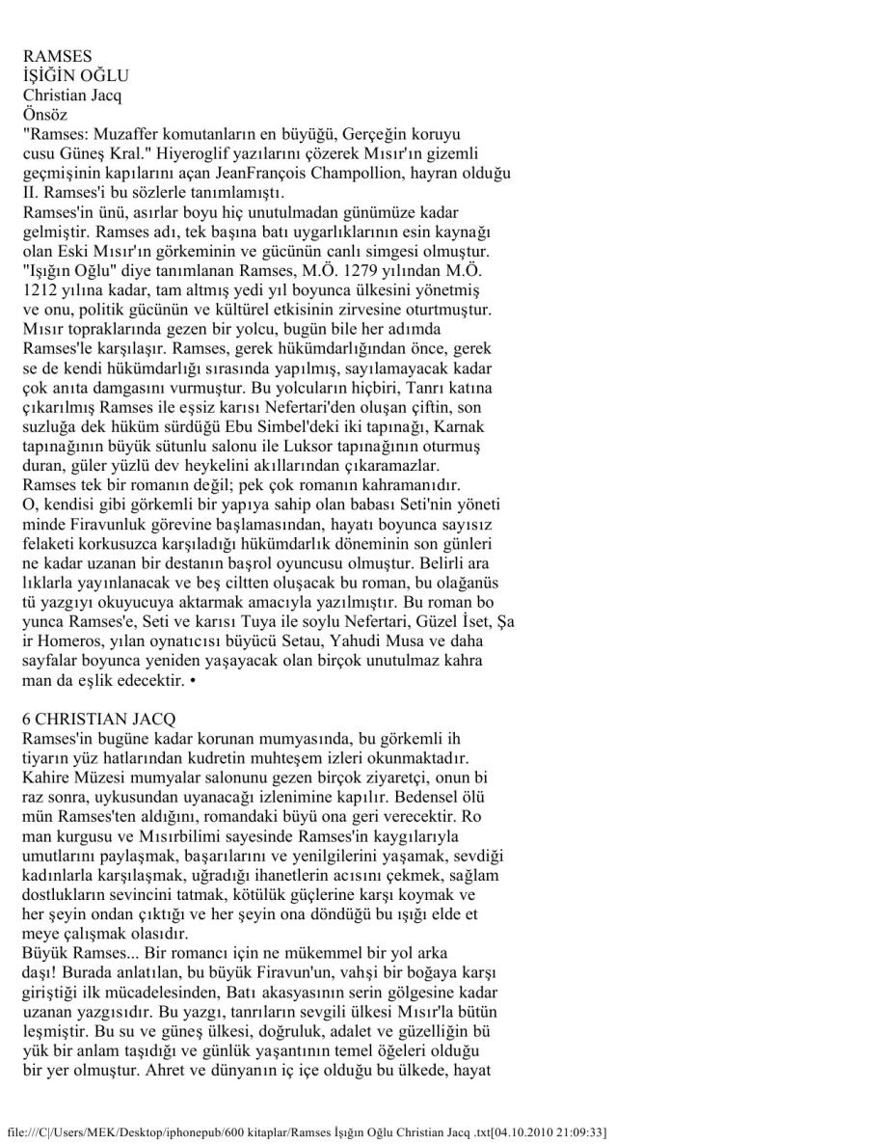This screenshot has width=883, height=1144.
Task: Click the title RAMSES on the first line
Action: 57,57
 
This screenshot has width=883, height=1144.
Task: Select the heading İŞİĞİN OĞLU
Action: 75,75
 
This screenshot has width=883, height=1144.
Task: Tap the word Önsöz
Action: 43,113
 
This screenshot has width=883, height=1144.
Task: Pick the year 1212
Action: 40,290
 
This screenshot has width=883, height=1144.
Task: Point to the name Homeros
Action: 70,640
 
